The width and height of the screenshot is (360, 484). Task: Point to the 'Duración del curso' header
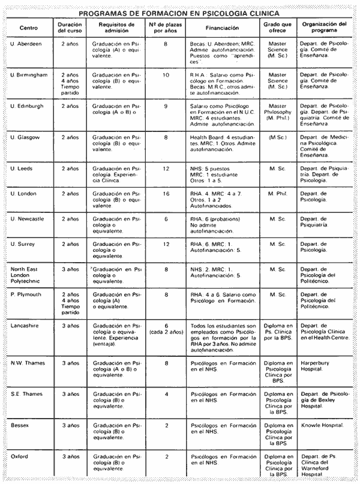(70, 28)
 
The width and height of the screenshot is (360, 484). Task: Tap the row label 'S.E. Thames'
(26, 394)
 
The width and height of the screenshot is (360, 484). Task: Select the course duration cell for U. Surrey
(70, 244)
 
